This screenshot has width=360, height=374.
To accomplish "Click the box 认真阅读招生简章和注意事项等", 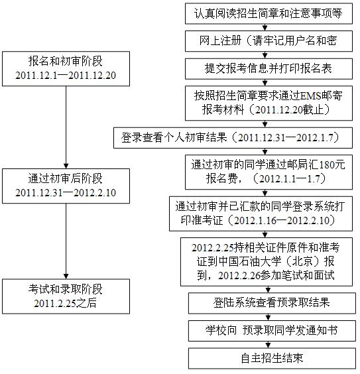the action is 269,13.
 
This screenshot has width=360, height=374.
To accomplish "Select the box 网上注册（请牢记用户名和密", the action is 269,41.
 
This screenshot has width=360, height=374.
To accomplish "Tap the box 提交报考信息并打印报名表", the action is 269,69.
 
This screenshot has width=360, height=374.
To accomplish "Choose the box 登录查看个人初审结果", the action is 233,138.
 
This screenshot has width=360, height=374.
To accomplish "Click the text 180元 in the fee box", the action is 332,165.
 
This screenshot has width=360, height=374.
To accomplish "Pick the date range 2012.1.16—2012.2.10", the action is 282,220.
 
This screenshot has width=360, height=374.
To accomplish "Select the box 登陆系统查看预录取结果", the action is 272,303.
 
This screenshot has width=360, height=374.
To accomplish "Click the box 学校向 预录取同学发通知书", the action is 272,331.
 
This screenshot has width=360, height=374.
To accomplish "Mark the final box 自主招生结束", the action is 272,359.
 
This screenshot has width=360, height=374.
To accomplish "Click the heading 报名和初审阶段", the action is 66,61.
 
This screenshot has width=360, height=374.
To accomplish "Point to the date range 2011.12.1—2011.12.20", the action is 66,76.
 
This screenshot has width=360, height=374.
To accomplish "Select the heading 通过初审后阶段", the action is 66,178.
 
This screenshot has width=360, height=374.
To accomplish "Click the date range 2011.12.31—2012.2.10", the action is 66,193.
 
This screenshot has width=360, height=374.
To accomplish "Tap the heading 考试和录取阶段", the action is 66,289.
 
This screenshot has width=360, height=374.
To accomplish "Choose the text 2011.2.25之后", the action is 65,303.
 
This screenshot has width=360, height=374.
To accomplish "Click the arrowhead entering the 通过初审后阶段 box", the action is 66,166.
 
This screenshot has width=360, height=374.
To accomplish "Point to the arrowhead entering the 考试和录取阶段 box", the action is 66,277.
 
